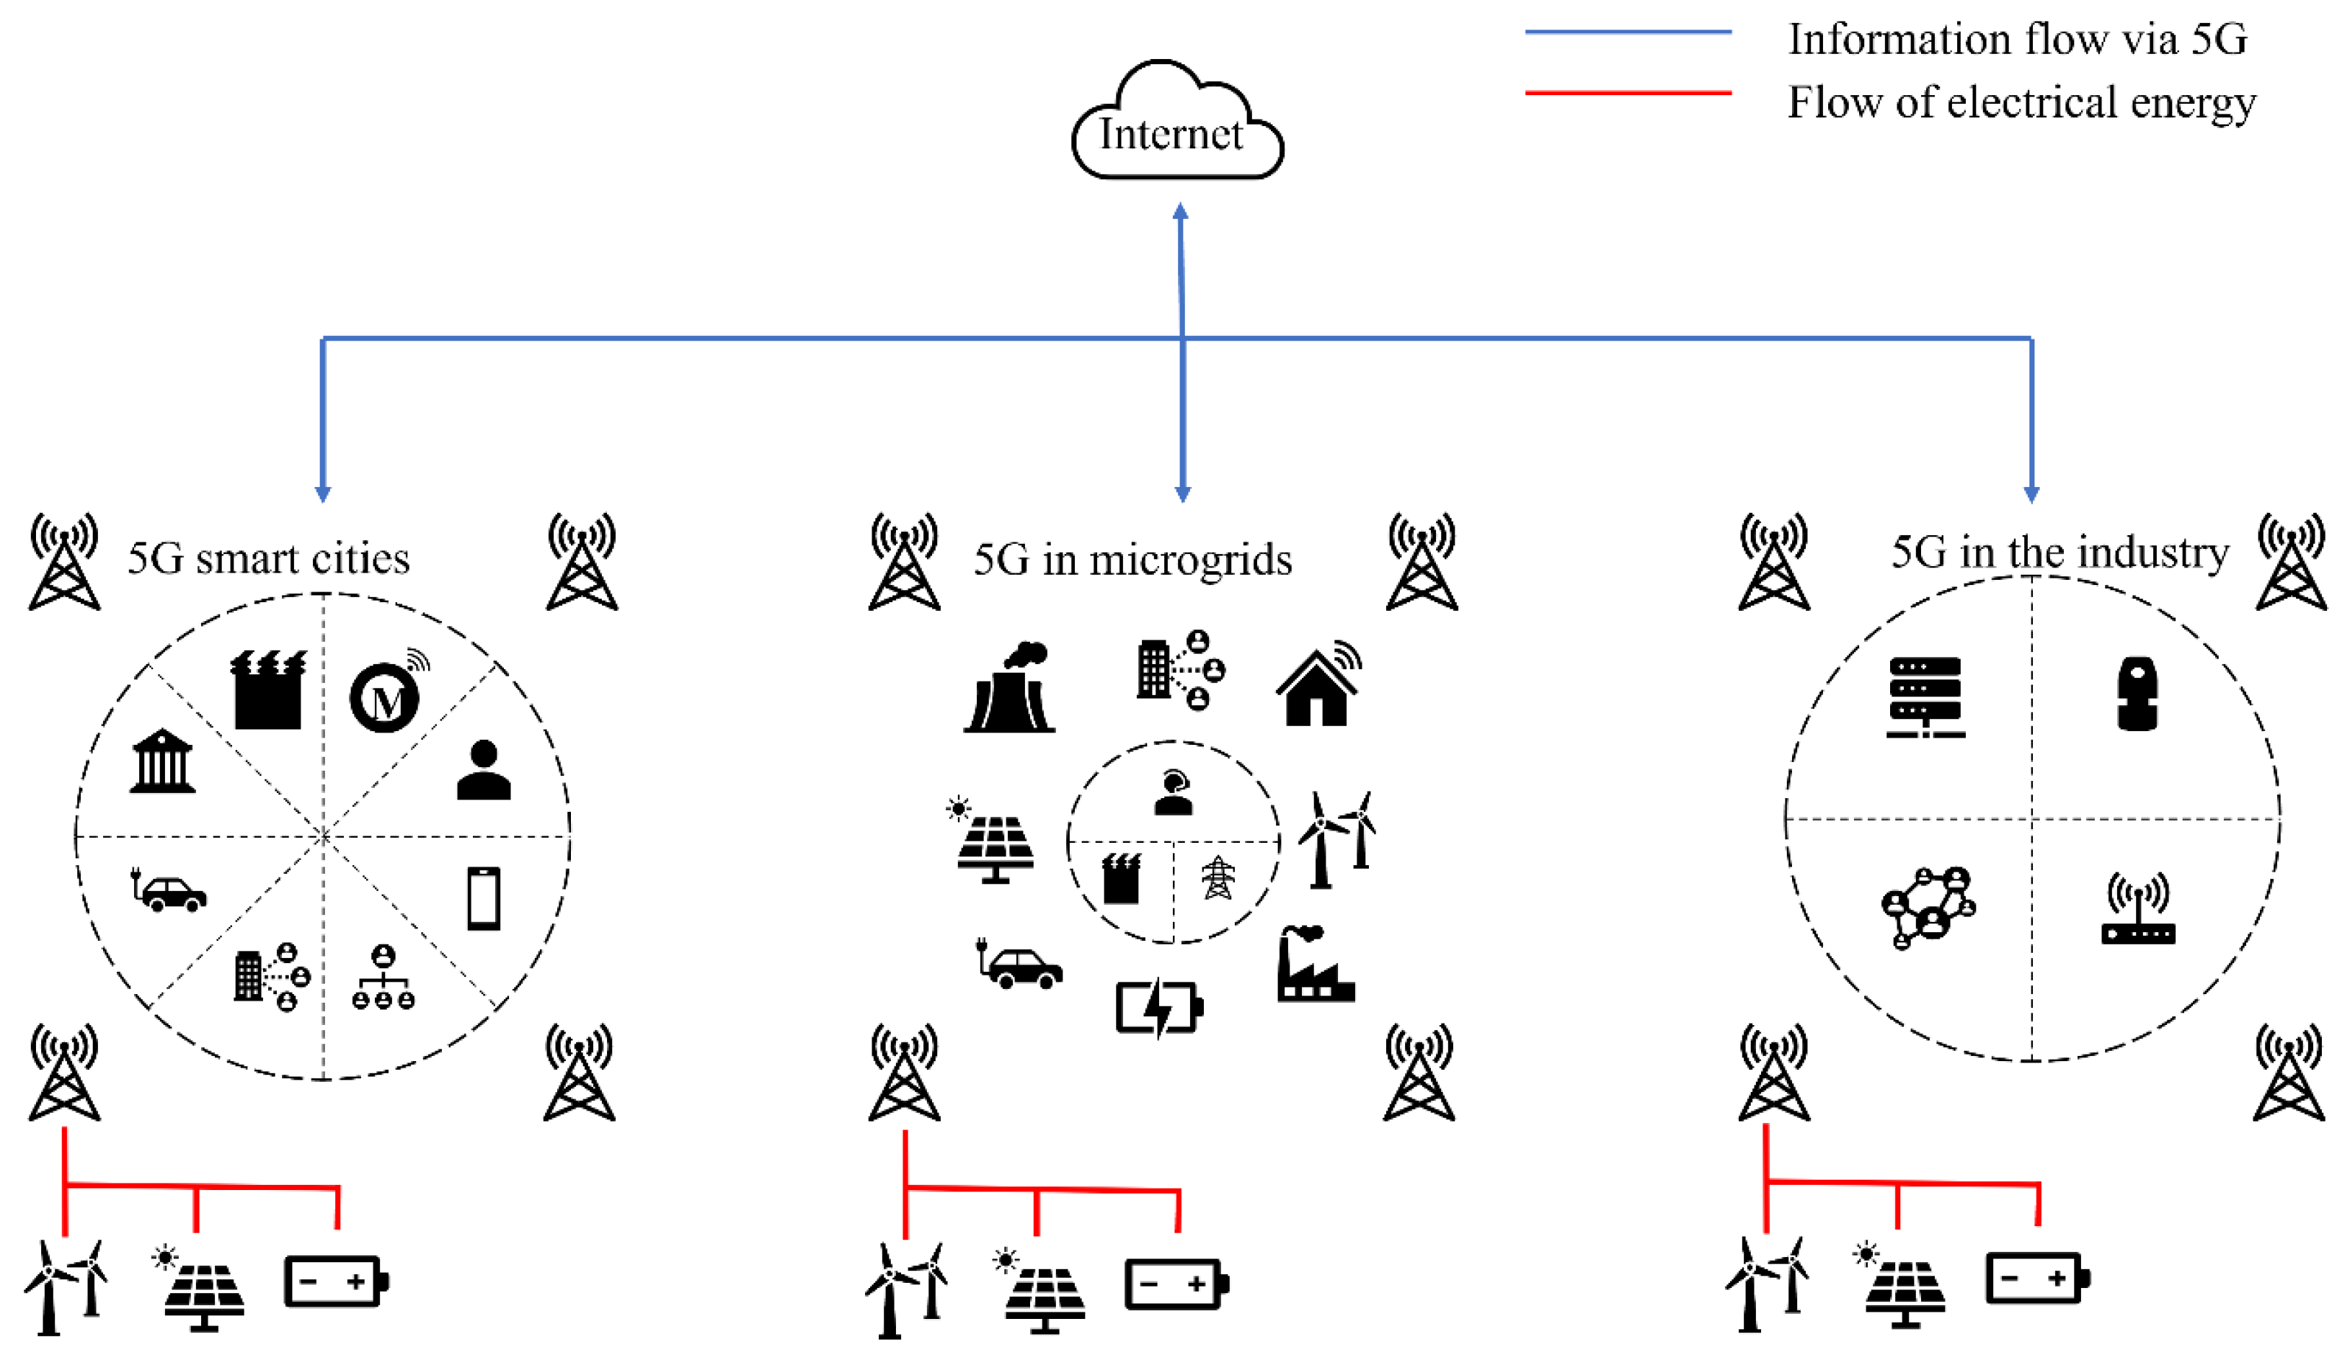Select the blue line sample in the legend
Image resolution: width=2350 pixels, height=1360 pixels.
pyautogui.click(x=1627, y=32)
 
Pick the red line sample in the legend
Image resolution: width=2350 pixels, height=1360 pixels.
pyautogui.click(x=1627, y=92)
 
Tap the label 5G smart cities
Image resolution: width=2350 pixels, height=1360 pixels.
pyautogui.click(x=269, y=558)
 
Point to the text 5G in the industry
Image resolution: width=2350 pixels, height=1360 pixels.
pyautogui.click(x=2059, y=552)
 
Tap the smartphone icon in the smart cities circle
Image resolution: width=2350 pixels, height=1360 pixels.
pyautogui.click(x=483, y=898)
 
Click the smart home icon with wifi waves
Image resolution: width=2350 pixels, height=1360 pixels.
pyautogui.click(x=1317, y=685)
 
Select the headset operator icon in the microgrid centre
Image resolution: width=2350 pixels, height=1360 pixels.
pyautogui.click(x=1173, y=792)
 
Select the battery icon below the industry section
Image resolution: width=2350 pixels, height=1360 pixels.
pyautogui.click(x=2036, y=1278)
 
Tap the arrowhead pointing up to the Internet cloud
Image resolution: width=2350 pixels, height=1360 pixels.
pyautogui.click(x=1179, y=212)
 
